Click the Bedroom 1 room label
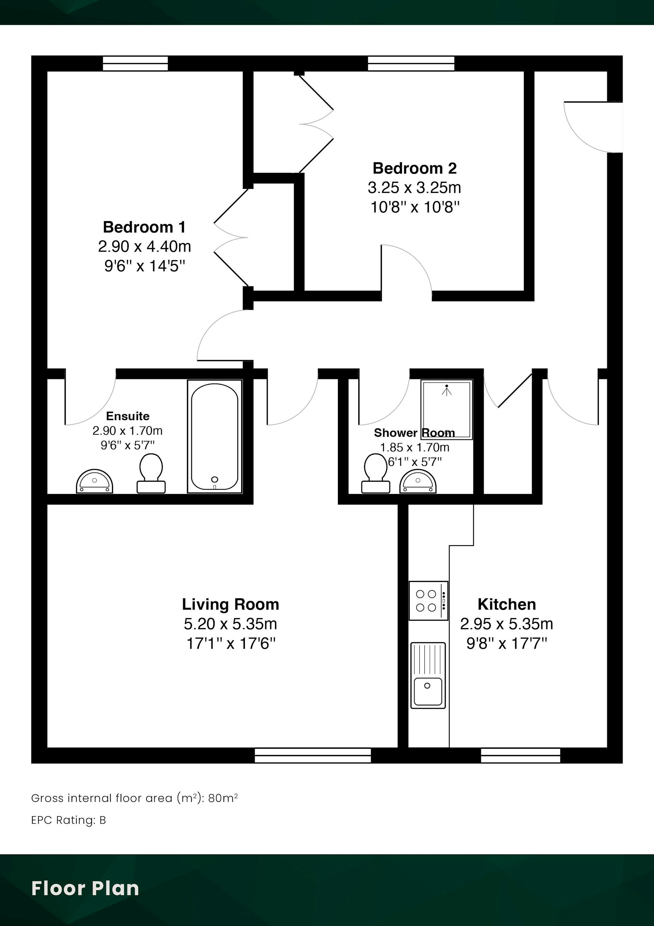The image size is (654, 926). (144, 227)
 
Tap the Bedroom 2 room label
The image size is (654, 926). (415, 168)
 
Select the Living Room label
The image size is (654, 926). (231, 604)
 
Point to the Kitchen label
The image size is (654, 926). (507, 604)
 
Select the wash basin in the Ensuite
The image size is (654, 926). (95, 481)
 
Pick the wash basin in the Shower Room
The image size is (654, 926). (418, 481)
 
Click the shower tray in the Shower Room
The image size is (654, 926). (447, 409)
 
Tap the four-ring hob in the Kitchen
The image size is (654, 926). (429, 600)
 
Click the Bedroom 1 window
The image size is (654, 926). (135, 63)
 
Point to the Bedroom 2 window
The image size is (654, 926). (411, 63)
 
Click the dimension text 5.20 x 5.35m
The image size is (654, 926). (231, 624)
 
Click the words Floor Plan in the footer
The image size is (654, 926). (85, 888)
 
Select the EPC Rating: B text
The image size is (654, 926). (68, 820)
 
